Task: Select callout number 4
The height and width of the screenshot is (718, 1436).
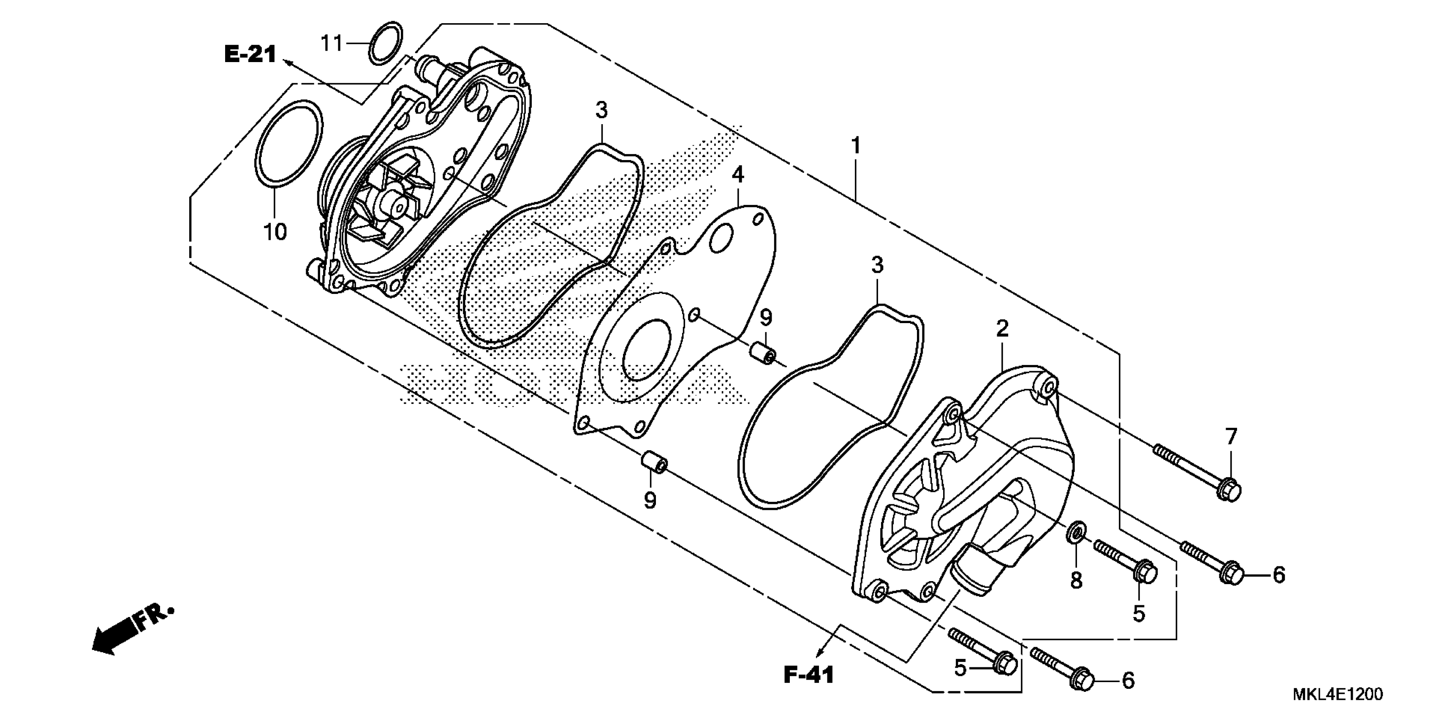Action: click(737, 175)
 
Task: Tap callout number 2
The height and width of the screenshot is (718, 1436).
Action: click(1002, 328)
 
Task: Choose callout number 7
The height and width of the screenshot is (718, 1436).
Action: click(1231, 436)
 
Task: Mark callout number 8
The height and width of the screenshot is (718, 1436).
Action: click(1076, 580)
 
